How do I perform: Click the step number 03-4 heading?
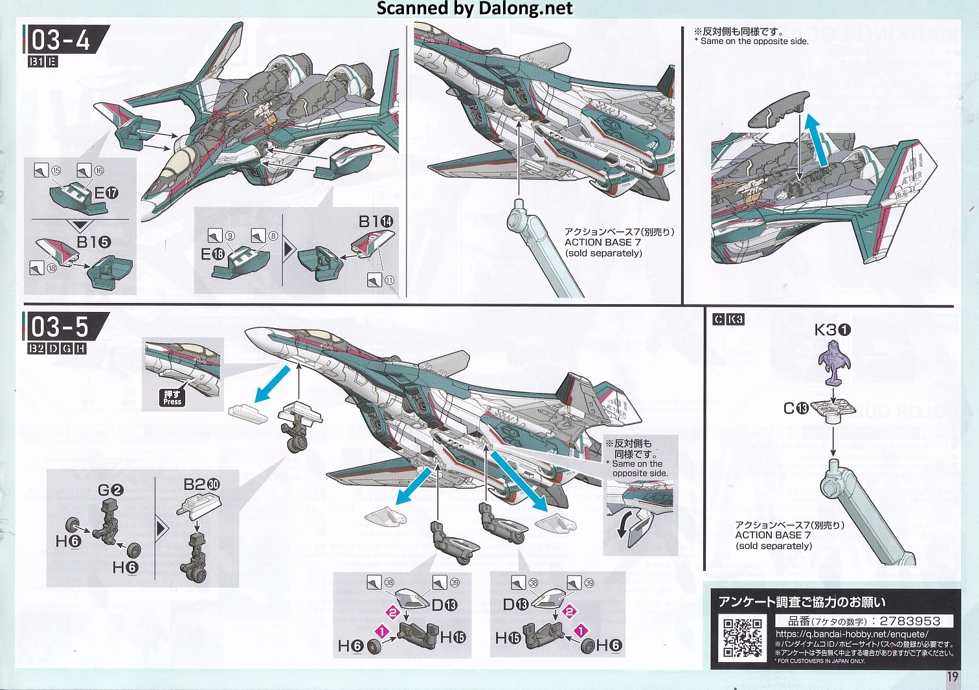(x=61, y=40)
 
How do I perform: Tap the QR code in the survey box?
(x=742, y=638)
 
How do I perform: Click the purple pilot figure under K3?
(x=834, y=362)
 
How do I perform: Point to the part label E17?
(x=106, y=193)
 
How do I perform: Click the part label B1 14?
(x=376, y=221)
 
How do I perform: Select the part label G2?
(x=110, y=490)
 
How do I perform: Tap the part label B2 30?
(x=201, y=484)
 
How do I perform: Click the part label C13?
(x=796, y=408)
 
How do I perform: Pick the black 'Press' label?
(x=172, y=397)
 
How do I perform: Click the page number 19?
(x=952, y=676)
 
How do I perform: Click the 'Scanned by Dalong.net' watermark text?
(x=475, y=8)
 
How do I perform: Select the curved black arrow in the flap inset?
(x=624, y=523)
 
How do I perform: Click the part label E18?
(x=212, y=254)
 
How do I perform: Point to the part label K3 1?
(x=833, y=329)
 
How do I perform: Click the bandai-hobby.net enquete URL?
(x=851, y=634)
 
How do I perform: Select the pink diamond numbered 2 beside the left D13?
(x=392, y=612)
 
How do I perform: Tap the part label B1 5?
(x=94, y=242)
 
